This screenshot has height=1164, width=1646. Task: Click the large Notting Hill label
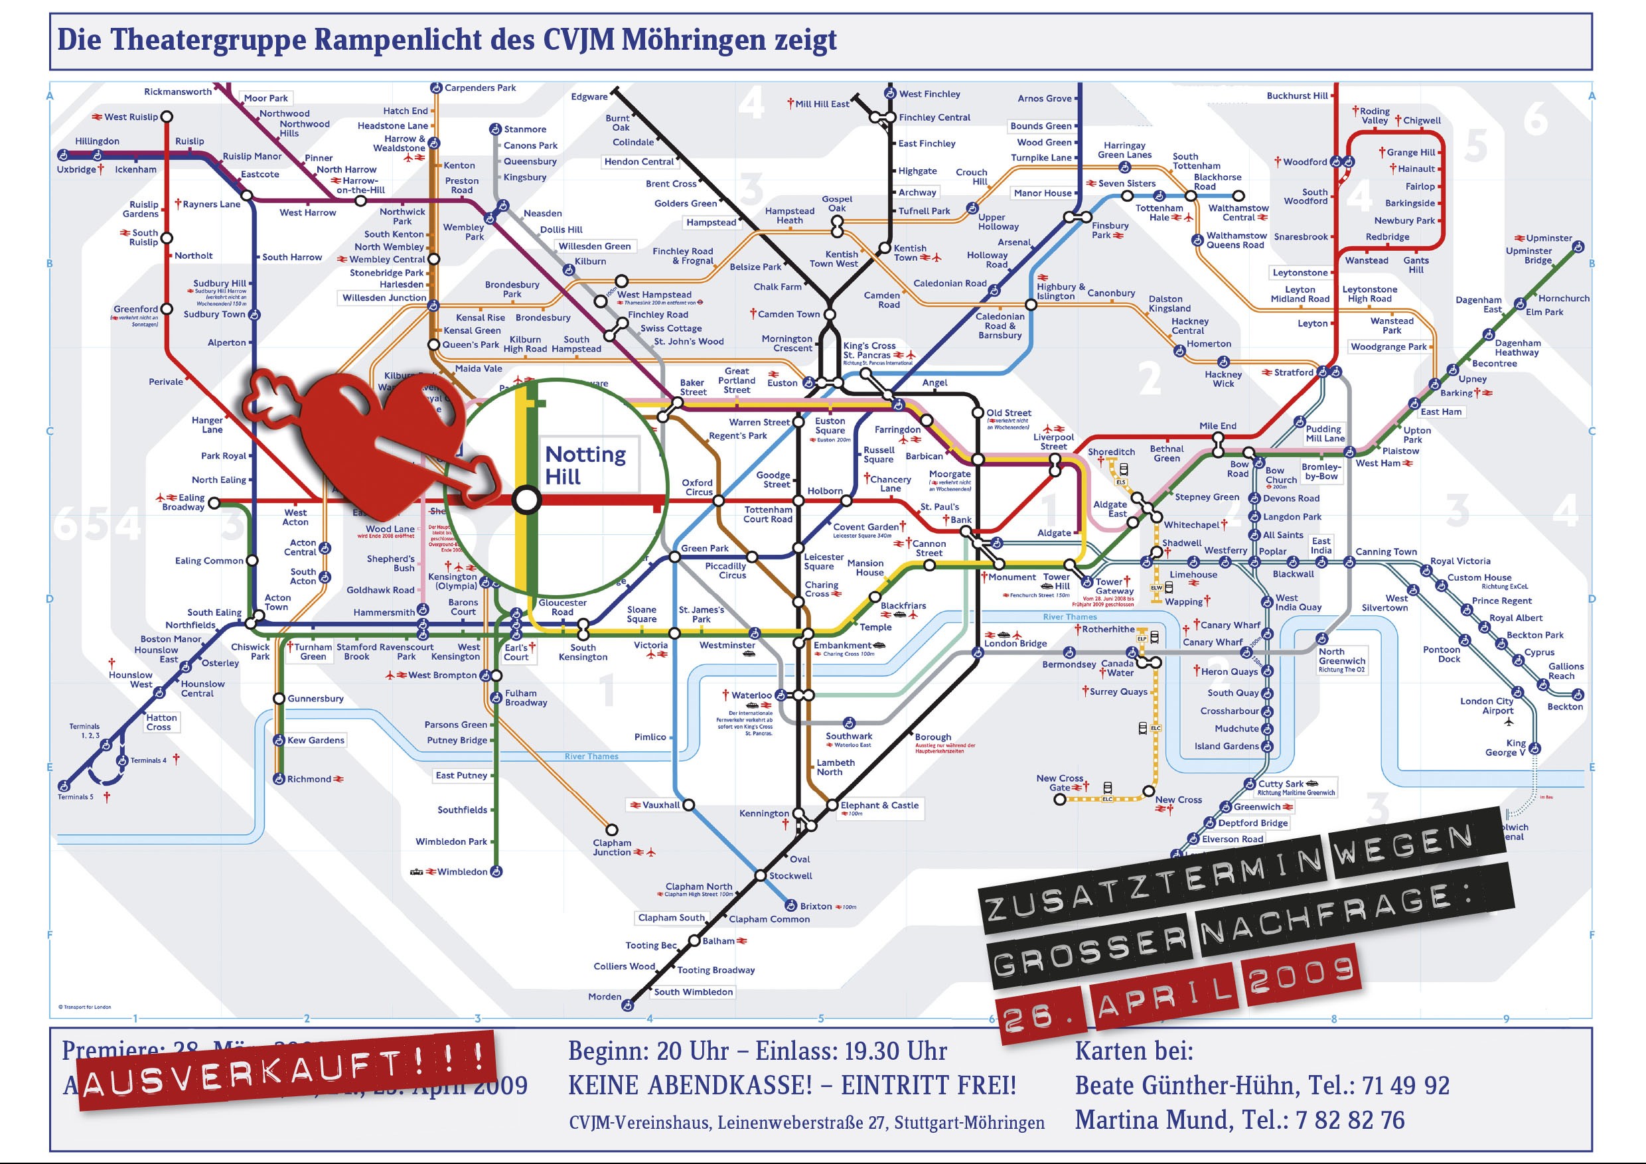585,465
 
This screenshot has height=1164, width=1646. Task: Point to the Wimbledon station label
462,871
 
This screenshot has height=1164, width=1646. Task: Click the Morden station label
605,996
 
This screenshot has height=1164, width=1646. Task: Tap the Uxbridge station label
76,170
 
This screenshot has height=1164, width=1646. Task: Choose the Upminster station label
1548,238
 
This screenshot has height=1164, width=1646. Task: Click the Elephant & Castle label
879,805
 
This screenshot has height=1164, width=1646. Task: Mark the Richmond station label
309,779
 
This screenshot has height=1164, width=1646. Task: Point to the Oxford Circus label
697,487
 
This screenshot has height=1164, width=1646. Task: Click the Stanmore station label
525,129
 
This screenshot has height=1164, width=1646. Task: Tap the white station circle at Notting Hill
527,500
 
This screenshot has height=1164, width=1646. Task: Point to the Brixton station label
816,906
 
